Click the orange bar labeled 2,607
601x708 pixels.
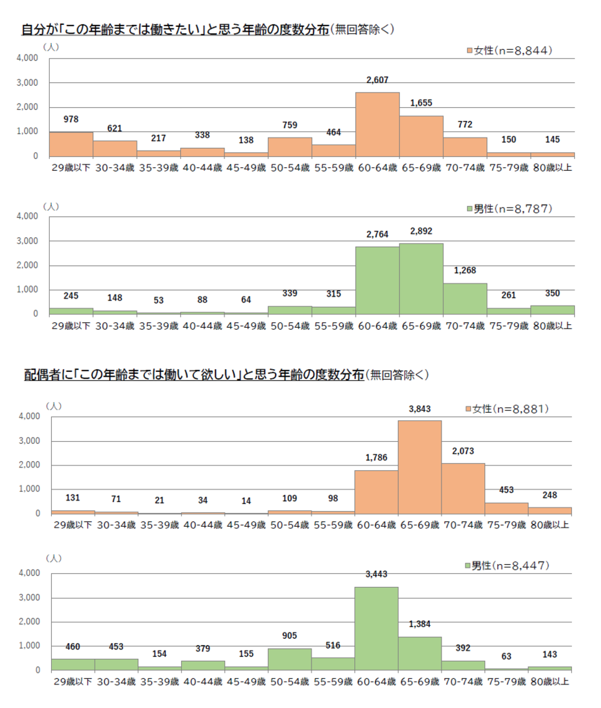click(377, 124)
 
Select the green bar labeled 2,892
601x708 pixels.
click(421, 279)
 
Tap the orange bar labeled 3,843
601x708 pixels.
click(420, 467)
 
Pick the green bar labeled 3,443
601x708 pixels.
click(376, 628)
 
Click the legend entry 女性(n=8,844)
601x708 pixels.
click(511, 50)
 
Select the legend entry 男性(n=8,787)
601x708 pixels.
click(511, 208)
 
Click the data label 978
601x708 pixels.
click(70, 120)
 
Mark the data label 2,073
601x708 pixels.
click(464, 451)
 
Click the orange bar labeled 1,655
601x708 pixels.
click(421, 136)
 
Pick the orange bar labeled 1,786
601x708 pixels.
click(376, 492)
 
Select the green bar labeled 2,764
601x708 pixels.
click(377, 280)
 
